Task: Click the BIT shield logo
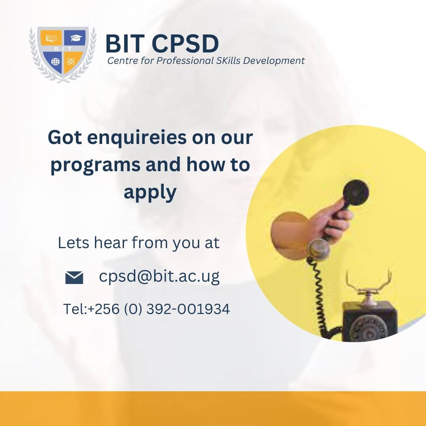(x=63, y=54)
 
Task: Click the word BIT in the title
(x=125, y=44)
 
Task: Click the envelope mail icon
(x=74, y=278)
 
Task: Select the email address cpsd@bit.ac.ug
(x=159, y=277)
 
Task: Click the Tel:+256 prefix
(x=91, y=309)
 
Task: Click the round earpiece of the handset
(x=355, y=192)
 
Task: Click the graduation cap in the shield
(x=75, y=38)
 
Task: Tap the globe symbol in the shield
(x=55, y=62)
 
